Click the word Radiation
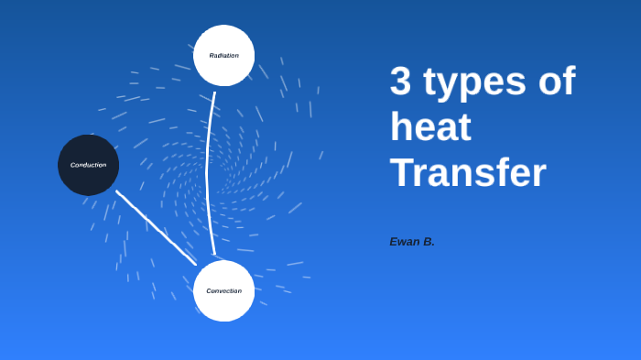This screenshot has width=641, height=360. click(x=223, y=56)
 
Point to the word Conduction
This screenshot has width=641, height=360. click(x=88, y=165)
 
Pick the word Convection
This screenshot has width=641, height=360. click(x=223, y=291)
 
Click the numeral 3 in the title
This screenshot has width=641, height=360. click(x=400, y=82)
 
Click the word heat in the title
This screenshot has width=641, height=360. click(x=430, y=127)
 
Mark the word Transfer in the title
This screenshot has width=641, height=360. click(x=468, y=172)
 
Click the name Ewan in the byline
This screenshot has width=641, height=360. click(x=405, y=242)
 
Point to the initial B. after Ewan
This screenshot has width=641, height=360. click(x=429, y=242)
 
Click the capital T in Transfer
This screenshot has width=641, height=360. click(x=400, y=172)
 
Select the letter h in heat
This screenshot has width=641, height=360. click(x=400, y=126)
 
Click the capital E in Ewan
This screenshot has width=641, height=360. click(x=394, y=242)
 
